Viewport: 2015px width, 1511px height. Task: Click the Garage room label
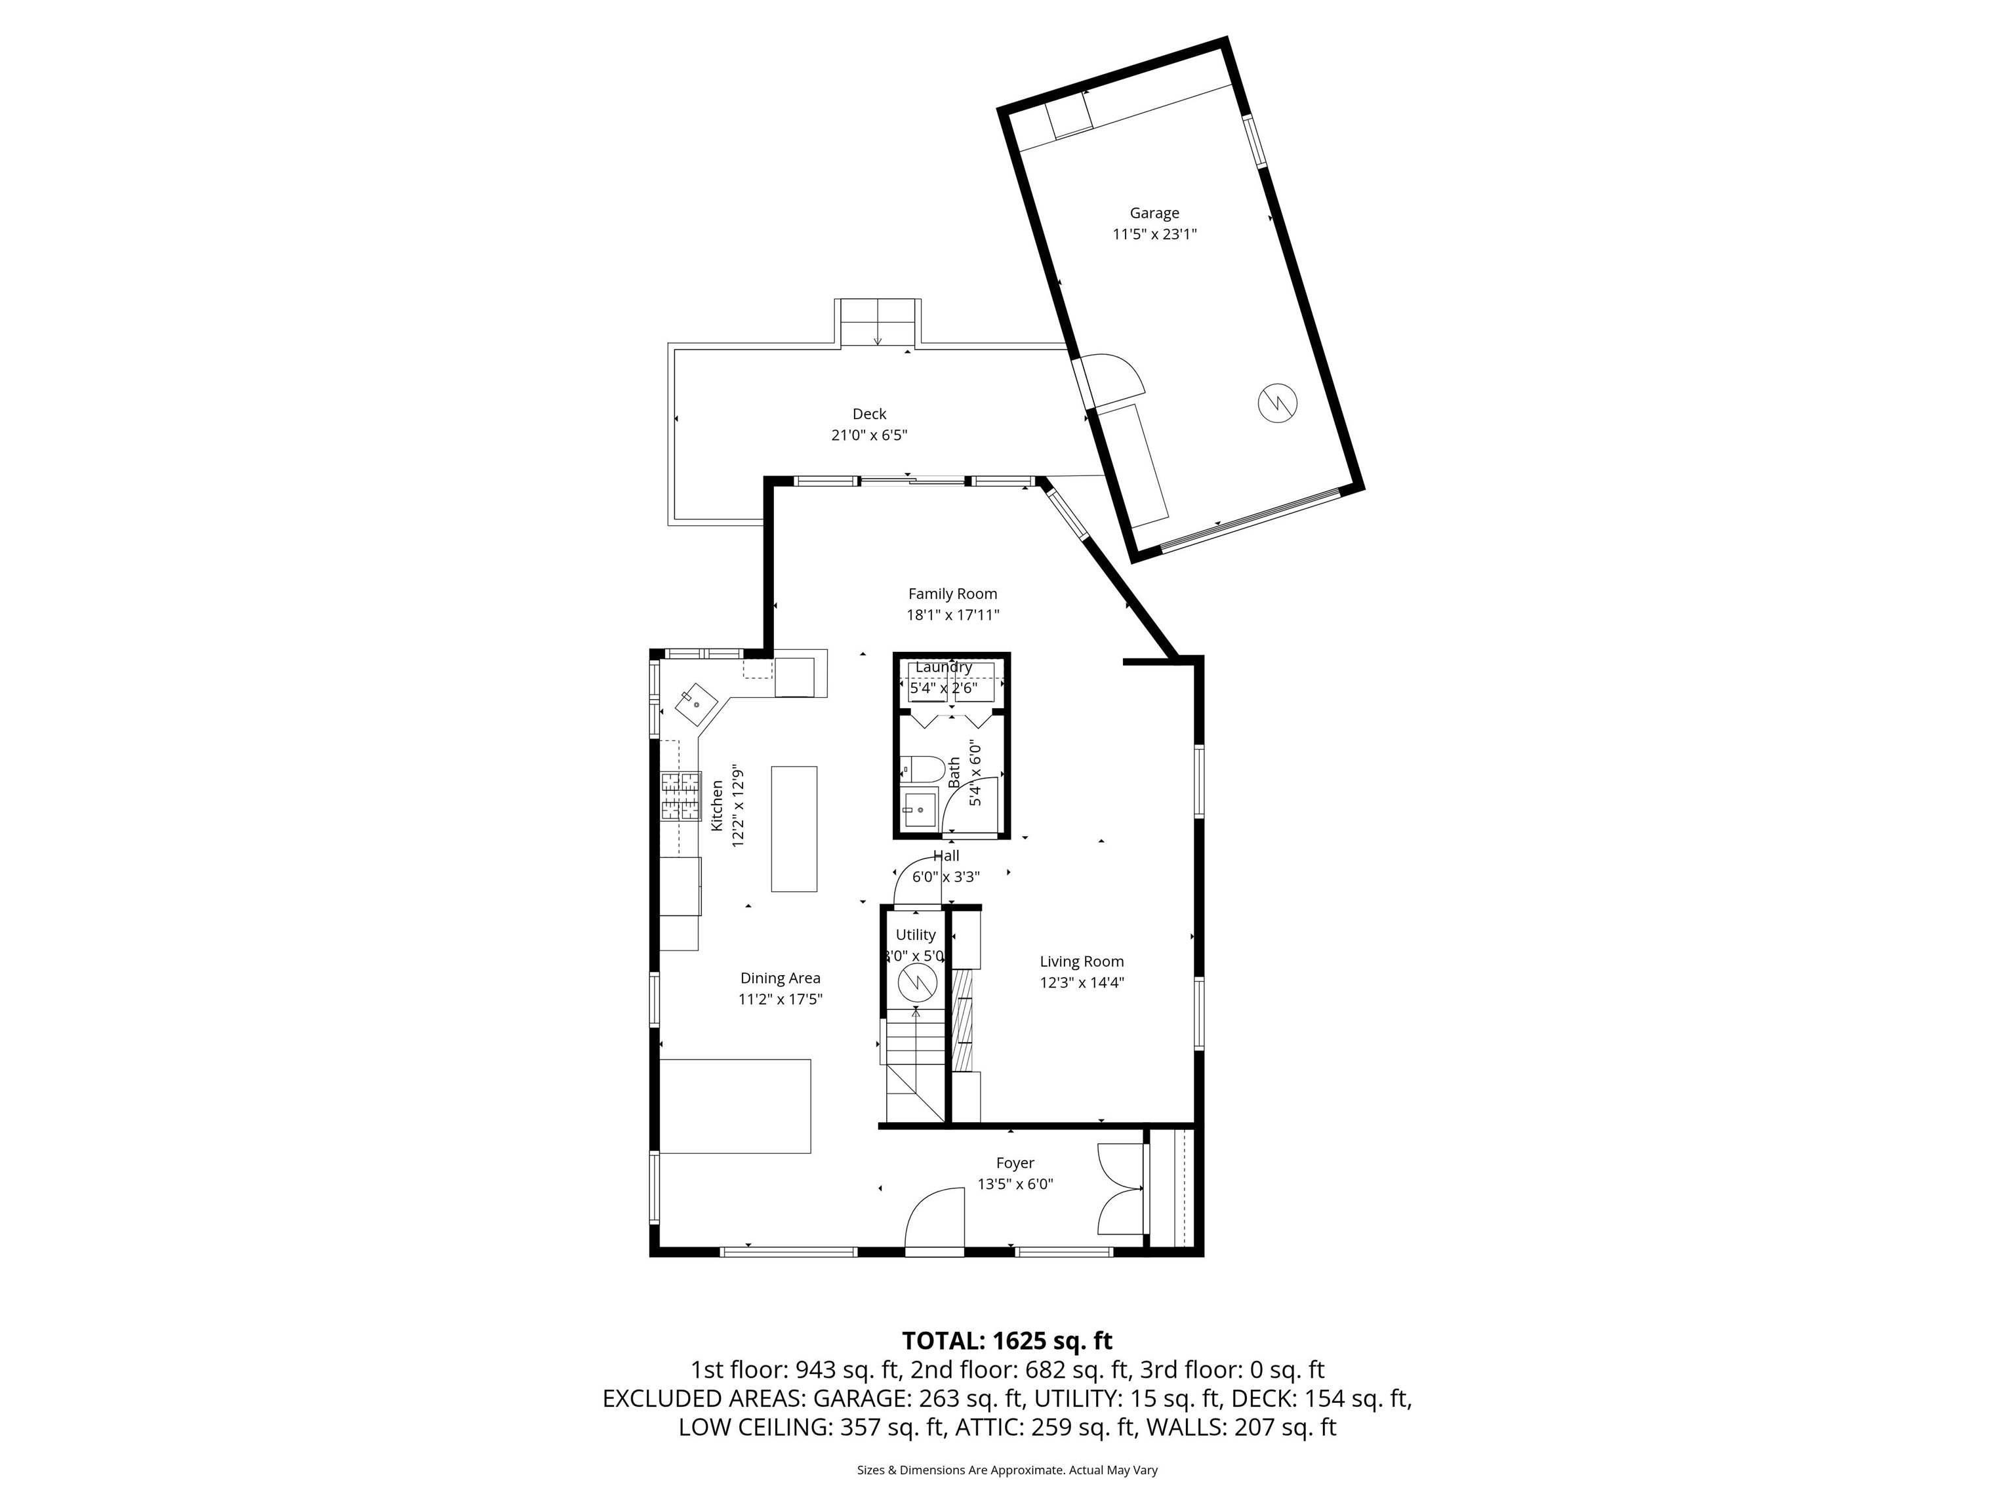(x=1154, y=213)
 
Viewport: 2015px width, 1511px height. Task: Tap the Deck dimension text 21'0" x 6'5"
(x=869, y=435)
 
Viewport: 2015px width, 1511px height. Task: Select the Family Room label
(x=952, y=594)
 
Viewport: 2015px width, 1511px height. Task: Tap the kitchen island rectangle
(x=794, y=829)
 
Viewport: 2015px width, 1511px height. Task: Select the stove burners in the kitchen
(x=680, y=796)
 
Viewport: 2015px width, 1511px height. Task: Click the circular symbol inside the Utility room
(x=918, y=983)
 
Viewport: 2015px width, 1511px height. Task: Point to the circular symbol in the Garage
(x=1277, y=403)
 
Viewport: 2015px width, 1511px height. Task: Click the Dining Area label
(x=780, y=978)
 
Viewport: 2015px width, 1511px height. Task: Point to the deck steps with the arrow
(x=876, y=323)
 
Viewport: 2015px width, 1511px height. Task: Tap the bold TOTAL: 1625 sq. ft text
(x=1007, y=1340)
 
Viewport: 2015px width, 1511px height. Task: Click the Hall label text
(x=946, y=856)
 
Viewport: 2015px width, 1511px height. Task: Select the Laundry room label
(x=944, y=667)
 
